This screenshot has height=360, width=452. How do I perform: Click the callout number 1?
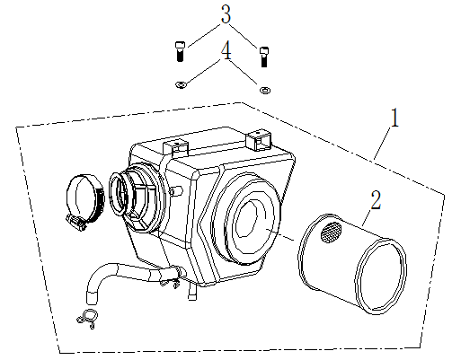click(395, 118)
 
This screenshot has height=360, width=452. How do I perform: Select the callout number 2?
click(376, 200)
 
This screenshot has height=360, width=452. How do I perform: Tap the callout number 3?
click(226, 14)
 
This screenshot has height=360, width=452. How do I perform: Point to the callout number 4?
click(226, 50)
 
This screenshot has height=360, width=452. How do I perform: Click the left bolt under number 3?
click(180, 51)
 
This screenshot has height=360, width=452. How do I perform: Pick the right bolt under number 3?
click(263, 57)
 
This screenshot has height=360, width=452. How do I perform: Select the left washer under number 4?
click(181, 85)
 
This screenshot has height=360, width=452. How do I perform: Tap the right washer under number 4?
click(265, 90)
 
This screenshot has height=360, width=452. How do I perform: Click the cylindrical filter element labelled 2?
click(352, 263)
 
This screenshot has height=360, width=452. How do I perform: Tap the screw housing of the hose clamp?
click(75, 223)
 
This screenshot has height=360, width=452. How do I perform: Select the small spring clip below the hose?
click(88, 318)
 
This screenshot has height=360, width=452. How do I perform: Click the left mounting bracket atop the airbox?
click(175, 147)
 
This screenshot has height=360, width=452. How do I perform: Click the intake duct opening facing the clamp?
click(120, 192)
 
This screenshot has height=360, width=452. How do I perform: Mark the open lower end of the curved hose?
click(92, 298)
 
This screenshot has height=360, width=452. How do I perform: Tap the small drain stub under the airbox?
click(192, 292)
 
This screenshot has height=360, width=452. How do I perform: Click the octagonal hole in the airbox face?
click(246, 218)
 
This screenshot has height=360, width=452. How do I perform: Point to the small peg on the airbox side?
click(177, 191)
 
